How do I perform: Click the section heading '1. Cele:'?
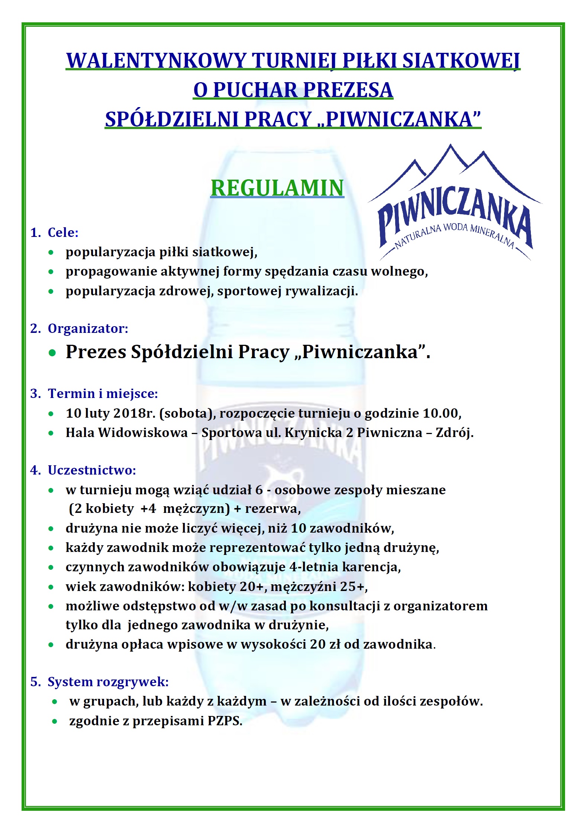tap(54, 232)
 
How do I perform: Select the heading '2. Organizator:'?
tap(79, 328)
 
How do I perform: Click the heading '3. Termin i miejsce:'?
tap(94, 393)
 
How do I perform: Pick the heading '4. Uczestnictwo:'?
tap(83, 470)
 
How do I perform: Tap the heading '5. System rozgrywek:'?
tap(100, 682)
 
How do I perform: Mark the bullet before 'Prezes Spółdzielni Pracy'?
tap(52, 353)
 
